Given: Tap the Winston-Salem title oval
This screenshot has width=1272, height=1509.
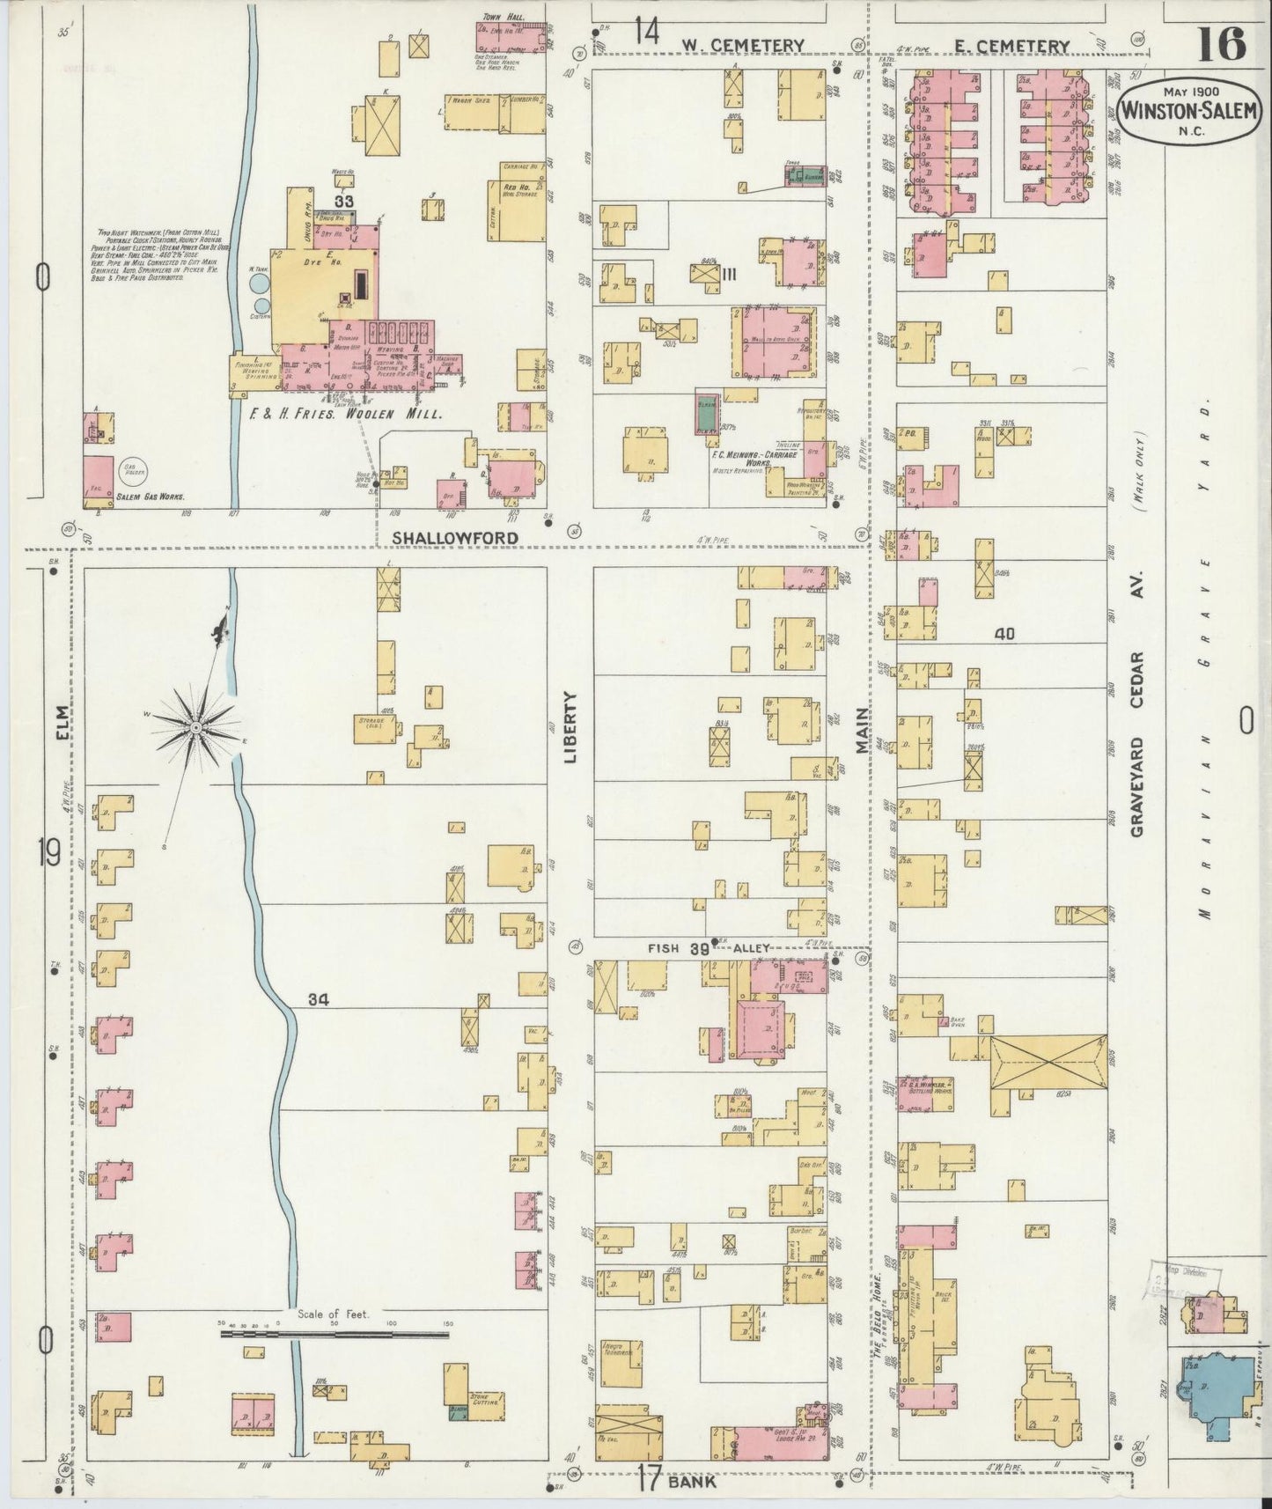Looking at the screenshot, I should (x=1191, y=113).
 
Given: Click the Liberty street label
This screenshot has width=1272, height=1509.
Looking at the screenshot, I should (x=570, y=727).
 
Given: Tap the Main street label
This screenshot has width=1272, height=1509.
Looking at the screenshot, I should (x=863, y=730).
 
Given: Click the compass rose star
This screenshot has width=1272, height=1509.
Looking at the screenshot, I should (x=195, y=727).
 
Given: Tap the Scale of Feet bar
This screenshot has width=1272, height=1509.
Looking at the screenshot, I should (x=335, y=1335).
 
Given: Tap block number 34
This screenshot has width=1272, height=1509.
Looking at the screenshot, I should (x=318, y=999).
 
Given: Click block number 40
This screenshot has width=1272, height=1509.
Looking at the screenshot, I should (x=1005, y=633).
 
